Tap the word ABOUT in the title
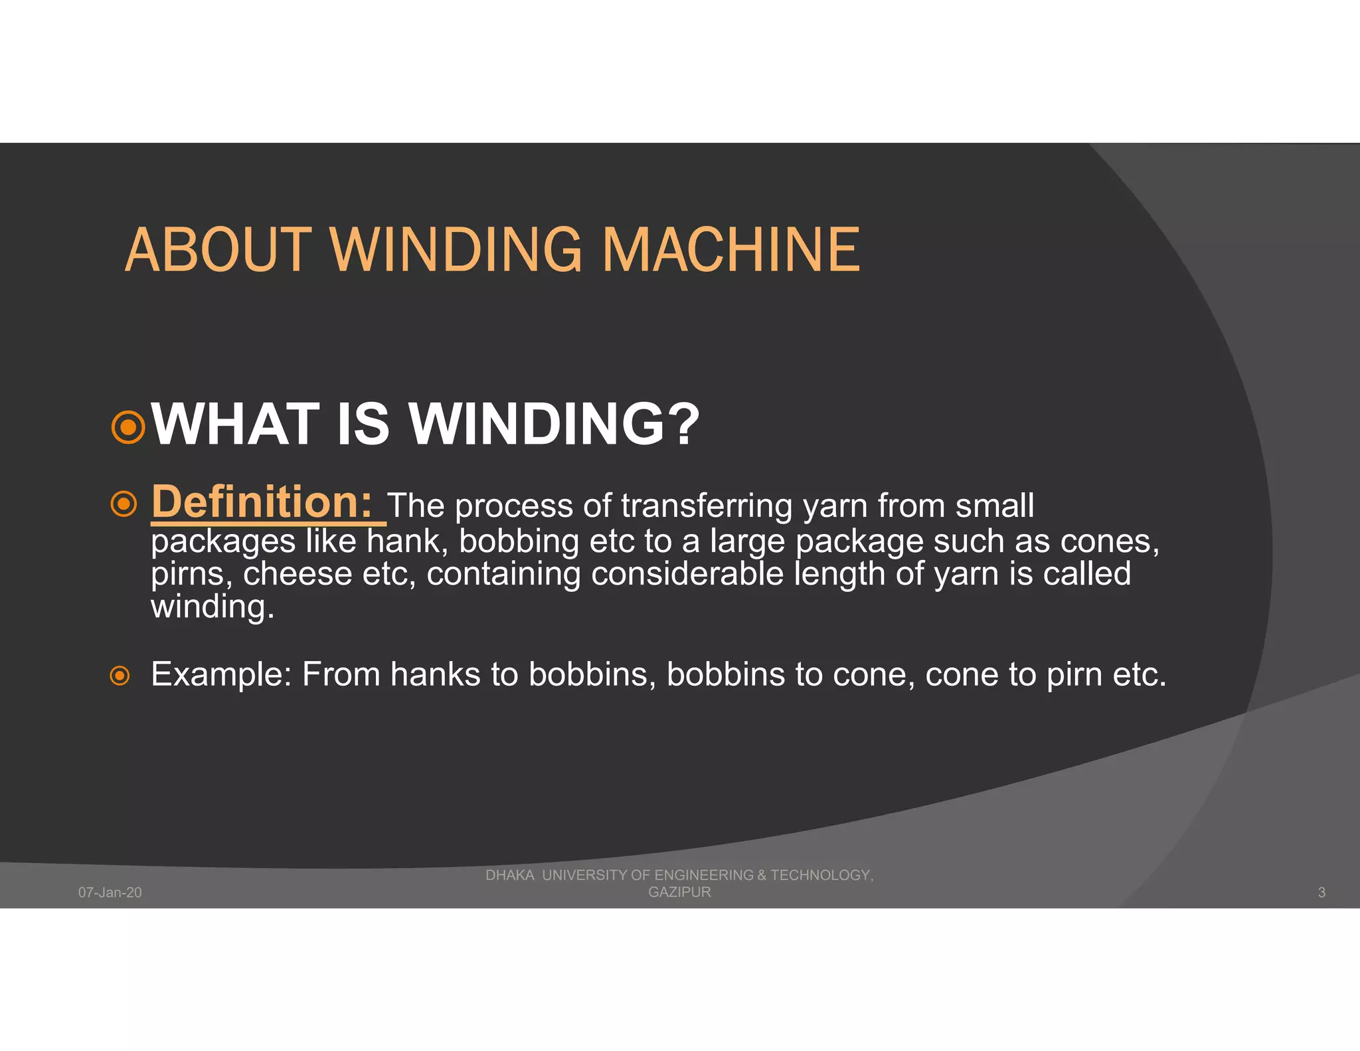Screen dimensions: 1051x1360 (218, 250)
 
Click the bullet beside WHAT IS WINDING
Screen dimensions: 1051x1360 (128, 427)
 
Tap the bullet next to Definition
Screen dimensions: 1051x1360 (124, 504)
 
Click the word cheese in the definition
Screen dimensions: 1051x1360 (297, 573)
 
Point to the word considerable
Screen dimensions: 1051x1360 (687, 573)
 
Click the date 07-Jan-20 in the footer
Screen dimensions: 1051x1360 (110, 892)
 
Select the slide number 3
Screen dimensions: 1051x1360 (1321, 892)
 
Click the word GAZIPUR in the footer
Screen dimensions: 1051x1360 (679, 892)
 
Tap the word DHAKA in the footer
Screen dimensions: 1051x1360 (509, 875)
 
